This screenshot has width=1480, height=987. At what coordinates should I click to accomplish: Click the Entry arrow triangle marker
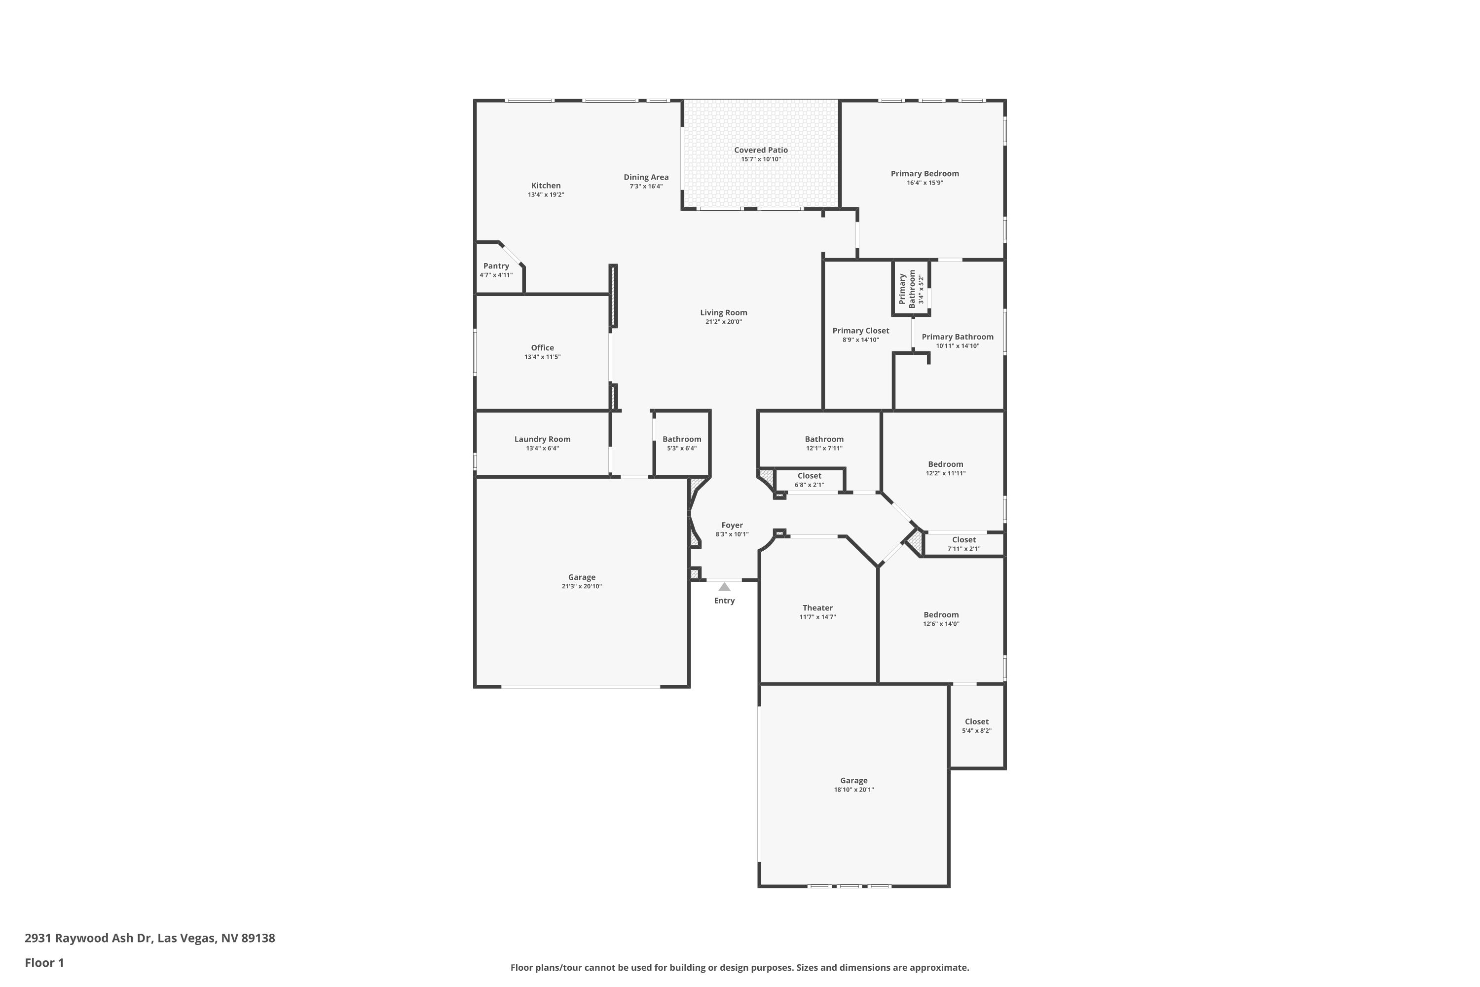pyautogui.click(x=724, y=587)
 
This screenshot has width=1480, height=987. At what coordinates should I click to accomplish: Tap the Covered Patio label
pyautogui.click(x=761, y=150)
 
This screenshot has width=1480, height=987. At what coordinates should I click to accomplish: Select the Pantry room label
pyautogui.click(x=496, y=266)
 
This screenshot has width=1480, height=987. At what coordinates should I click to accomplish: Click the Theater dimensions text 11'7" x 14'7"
pyautogui.click(x=817, y=617)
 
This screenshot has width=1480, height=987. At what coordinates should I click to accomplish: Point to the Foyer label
pyautogui.click(x=732, y=525)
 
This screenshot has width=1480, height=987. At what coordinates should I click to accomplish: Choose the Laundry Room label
pyautogui.click(x=542, y=439)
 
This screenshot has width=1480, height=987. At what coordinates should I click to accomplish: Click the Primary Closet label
pyautogui.click(x=860, y=331)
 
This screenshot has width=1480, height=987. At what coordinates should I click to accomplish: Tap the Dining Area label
pyautogui.click(x=646, y=177)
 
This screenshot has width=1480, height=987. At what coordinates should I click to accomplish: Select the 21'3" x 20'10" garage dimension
pyautogui.click(x=582, y=586)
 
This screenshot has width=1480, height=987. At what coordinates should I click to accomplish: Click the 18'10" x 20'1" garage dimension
pyautogui.click(x=853, y=789)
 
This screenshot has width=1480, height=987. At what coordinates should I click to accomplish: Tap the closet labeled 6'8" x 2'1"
pyautogui.click(x=809, y=476)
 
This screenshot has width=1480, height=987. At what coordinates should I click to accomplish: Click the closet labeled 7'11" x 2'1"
pyautogui.click(x=963, y=539)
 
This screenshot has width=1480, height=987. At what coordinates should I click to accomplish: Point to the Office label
pyautogui.click(x=542, y=347)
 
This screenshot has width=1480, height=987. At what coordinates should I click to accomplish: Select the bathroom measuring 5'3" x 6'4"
pyautogui.click(x=681, y=439)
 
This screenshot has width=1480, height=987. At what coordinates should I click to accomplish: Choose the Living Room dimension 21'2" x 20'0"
pyautogui.click(x=723, y=322)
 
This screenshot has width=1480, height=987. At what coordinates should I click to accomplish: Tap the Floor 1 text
pyautogui.click(x=44, y=962)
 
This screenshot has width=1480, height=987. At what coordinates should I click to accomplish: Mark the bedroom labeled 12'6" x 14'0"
pyautogui.click(x=941, y=615)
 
